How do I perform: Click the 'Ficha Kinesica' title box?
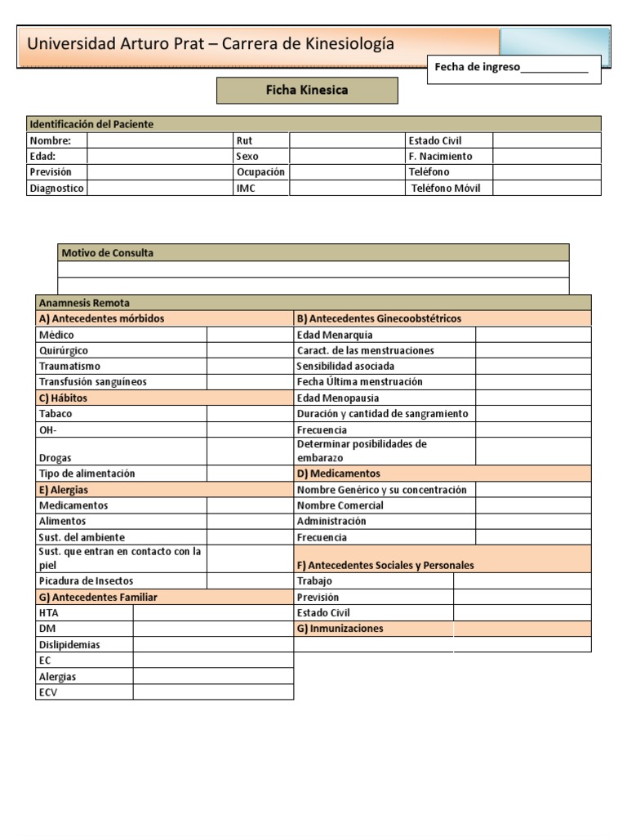[307, 91]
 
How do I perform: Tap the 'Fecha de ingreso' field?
[513, 68]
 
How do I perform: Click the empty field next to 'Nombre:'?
[160, 140]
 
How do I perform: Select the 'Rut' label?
[244, 140]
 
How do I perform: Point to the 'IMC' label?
[246, 188]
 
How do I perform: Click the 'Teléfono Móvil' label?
[446, 188]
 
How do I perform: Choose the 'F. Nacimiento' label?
[440, 156]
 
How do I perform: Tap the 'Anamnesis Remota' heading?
[84, 303]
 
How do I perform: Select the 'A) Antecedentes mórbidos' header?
[101, 318]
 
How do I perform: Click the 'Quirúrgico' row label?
[64, 350]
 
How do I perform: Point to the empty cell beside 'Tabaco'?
[250, 414]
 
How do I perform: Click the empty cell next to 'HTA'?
[213, 612]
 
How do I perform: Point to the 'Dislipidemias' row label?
[69, 644]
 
